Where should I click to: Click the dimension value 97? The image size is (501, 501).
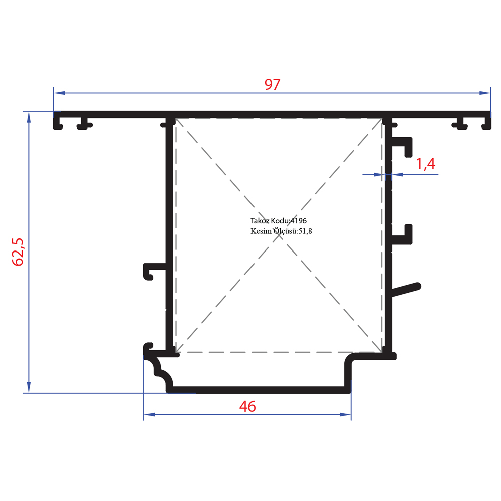click(x=272, y=84)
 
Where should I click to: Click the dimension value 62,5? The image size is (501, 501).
click(x=18, y=252)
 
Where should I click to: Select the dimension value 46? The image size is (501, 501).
click(x=247, y=406)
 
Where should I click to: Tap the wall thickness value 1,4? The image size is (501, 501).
click(x=425, y=164)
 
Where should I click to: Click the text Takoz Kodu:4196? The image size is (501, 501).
click(x=278, y=221)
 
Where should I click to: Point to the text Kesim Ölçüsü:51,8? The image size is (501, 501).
click(x=281, y=231)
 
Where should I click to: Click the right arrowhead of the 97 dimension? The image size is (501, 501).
click(x=484, y=93)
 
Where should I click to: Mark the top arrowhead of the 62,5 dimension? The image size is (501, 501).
click(x=29, y=117)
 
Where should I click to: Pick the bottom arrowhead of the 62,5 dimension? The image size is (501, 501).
click(x=29, y=387)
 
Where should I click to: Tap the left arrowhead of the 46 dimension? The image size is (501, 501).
click(x=149, y=415)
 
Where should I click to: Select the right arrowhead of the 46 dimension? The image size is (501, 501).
click(x=345, y=415)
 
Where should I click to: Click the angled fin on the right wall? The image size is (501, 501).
click(x=406, y=290)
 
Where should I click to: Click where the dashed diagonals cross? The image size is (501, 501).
click(x=279, y=235)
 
